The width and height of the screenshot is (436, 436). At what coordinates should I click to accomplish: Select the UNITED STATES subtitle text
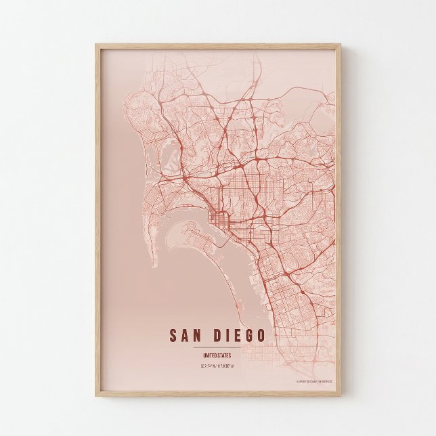217,354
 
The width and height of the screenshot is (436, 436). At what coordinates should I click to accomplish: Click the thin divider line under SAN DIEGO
217,347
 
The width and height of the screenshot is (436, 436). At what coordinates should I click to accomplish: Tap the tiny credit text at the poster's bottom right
314,381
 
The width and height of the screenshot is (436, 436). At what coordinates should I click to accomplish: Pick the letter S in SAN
173,336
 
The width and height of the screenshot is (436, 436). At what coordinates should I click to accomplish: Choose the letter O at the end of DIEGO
261,336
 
